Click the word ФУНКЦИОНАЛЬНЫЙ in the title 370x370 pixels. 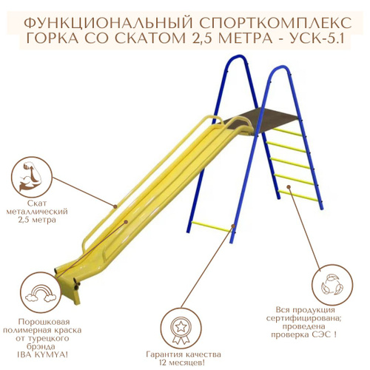[x=109, y=24]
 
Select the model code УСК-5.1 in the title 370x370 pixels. [x=317, y=38]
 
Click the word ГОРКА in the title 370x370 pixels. [x=55, y=38]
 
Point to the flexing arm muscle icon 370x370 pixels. [x=32, y=177]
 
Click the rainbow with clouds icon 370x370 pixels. [x=41, y=294]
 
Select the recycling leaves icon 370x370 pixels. [x=332, y=286]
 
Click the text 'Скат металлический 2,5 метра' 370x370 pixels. [x=37, y=212]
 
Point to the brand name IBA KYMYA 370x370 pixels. [x=42, y=354]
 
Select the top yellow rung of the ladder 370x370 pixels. [x=287, y=132]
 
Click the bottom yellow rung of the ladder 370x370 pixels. [x=298, y=196]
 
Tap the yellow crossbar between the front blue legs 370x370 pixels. [x=212, y=226]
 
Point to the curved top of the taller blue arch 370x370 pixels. [x=238, y=56]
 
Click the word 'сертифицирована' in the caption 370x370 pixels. [x=304, y=318]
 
